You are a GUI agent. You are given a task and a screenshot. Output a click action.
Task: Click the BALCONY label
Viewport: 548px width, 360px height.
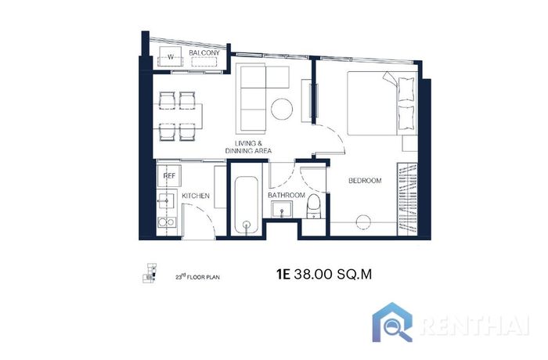[x=204, y=52]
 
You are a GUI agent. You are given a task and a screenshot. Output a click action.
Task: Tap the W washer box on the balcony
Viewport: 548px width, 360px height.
[x=170, y=56]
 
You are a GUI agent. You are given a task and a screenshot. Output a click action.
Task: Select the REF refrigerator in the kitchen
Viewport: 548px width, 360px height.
[x=170, y=175]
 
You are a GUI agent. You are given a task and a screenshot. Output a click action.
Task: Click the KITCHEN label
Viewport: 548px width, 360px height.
[x=196, y=196]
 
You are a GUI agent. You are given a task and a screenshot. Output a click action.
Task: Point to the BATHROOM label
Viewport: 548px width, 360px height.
[x=287, y=195]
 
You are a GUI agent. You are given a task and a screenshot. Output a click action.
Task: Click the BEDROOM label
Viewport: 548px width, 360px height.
[x=365, y=181]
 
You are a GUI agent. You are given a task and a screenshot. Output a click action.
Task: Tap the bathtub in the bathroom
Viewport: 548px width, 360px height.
[x=247, y=205]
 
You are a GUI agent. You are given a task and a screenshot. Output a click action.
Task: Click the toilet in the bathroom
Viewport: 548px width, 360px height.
[x=313, y=207]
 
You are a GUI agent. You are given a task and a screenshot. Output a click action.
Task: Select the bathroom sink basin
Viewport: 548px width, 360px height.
[x=282, y=210]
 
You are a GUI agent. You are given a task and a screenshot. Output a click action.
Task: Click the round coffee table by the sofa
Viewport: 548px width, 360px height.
[x=282, y=109]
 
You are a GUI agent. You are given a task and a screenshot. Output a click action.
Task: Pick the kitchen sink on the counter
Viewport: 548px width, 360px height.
[x=167, y=200]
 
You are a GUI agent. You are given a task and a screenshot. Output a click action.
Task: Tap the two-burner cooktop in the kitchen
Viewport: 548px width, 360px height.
[x=167, y=222]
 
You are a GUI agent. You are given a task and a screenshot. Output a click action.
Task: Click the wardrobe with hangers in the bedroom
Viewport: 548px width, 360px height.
[x=408, y=199]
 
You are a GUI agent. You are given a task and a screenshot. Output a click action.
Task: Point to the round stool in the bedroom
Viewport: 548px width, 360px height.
[x=363, y=222]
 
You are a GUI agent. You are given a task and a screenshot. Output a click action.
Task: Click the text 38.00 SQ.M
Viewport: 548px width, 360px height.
[x=333, y=275]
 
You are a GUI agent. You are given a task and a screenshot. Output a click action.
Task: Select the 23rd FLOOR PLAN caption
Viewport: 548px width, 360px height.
[x=198, y=278]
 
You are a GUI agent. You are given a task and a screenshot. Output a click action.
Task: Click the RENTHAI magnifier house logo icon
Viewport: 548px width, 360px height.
[x=392, y=323]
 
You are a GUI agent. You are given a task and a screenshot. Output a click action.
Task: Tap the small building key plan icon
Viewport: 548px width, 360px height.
[x=150, y=273]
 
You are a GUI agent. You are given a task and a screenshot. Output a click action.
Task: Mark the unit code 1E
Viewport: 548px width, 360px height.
[x=283, y=275]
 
